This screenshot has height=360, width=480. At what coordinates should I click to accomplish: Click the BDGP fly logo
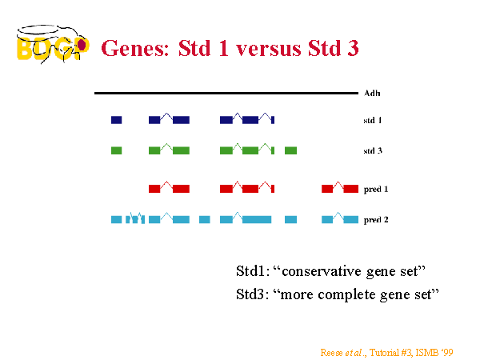53,45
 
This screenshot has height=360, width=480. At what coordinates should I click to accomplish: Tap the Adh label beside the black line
372,93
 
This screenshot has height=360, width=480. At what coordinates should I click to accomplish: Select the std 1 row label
373,120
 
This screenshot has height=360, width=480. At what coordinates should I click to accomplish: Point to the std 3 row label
373,151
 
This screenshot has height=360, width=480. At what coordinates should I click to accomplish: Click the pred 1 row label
376,189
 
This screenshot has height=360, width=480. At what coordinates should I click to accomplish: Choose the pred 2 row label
376,220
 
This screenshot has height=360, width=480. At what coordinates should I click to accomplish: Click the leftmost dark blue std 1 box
116,120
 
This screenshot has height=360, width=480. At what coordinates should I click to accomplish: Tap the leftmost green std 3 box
116,150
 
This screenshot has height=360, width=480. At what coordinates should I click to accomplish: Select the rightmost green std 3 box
291,150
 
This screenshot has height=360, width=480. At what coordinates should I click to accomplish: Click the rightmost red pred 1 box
351,189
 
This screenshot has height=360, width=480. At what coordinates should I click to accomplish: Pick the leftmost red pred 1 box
154,189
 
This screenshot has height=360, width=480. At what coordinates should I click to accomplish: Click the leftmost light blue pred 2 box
116,219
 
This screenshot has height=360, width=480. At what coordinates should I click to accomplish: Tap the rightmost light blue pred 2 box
351,219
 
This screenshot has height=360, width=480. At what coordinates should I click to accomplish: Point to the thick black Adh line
226,93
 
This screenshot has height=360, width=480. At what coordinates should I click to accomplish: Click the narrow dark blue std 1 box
273,120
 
